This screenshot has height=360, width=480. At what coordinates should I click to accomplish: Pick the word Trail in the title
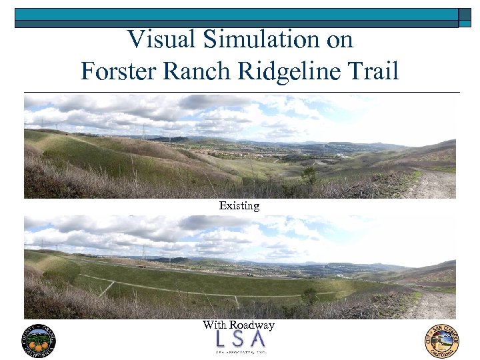pos(374,70)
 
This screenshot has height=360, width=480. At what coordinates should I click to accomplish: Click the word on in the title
pos(339,41)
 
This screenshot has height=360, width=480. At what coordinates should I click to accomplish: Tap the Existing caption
pos(239,206)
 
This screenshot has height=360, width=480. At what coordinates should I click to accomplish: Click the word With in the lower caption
pos(215,325)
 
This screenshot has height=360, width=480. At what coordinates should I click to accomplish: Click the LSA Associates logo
pos(240,343)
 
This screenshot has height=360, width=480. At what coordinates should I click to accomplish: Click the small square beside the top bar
pos(465,17)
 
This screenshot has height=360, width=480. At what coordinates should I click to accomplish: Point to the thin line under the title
pos(240,92)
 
